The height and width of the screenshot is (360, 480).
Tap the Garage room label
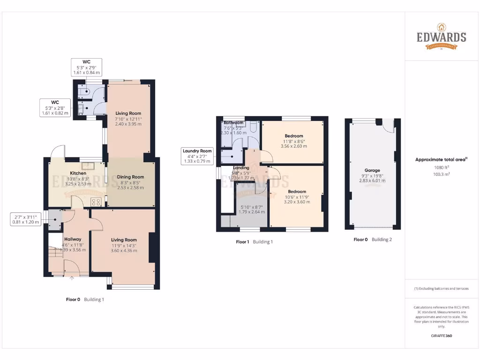372,171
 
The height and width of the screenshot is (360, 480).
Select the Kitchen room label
78,173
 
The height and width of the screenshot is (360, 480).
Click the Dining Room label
131,177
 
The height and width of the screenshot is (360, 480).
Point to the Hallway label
73,239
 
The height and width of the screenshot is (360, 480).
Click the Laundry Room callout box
197,156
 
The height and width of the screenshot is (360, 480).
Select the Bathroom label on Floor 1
233,123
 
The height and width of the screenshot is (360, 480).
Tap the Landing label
241,168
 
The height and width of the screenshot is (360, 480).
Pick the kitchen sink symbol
88,165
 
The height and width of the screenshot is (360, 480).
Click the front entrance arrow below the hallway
72,278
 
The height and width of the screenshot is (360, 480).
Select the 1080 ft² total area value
441,167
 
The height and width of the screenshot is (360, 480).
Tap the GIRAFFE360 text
441,336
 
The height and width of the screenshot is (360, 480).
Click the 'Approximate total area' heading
441,160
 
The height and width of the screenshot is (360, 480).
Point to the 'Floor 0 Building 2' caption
372,240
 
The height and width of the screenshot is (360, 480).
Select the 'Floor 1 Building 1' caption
254,242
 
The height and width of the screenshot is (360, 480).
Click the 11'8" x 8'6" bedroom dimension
294,141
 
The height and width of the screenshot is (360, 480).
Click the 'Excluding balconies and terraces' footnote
441,289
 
